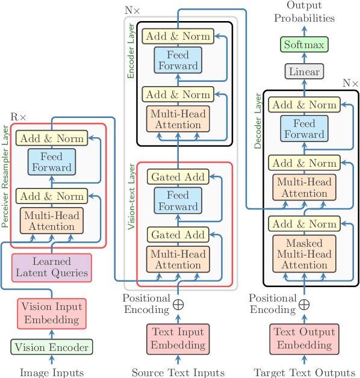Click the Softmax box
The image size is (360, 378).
click(305, 45)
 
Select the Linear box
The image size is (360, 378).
click(305, 72)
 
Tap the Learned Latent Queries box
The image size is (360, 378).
click(52, 267)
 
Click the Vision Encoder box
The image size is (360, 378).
click(52, 347)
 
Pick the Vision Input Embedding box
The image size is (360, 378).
click(52, 312)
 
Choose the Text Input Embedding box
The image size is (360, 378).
click(178, 338)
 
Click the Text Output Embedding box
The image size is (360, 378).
click(305, 338)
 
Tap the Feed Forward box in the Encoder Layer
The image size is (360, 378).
click(178, 60)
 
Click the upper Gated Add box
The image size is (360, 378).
click(178, 177)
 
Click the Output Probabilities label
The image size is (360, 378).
click(305, 12)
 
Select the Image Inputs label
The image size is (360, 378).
click(52, 373)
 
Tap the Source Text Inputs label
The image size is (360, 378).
click(178, 373)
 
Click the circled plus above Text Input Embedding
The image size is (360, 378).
click(178, 304)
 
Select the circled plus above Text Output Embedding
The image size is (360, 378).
click(305, 304)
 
